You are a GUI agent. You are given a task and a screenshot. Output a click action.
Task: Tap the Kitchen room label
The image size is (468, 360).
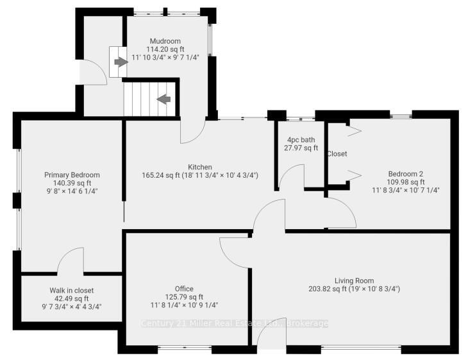(200, 167)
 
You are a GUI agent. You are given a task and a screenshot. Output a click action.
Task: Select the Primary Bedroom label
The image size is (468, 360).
(72, 175)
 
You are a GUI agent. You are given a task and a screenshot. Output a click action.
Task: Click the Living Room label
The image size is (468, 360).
(354, 280)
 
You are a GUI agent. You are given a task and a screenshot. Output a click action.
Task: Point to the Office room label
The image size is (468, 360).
(184, 289)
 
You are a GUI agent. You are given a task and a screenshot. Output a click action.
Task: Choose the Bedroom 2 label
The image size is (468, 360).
(405, 173)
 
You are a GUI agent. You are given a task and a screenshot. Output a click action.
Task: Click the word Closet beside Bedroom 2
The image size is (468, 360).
(337, 154)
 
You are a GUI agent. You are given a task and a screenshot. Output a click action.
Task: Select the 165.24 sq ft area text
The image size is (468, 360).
(160, 175)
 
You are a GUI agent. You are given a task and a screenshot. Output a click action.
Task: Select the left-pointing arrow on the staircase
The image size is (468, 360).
(163, 99)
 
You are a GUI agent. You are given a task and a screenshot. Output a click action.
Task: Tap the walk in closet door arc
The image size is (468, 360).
(71, 262)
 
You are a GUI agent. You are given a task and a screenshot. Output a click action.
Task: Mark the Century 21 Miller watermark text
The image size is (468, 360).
(234, 323)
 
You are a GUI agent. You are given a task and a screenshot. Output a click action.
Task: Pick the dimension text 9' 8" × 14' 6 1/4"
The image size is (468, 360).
(72, 191)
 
